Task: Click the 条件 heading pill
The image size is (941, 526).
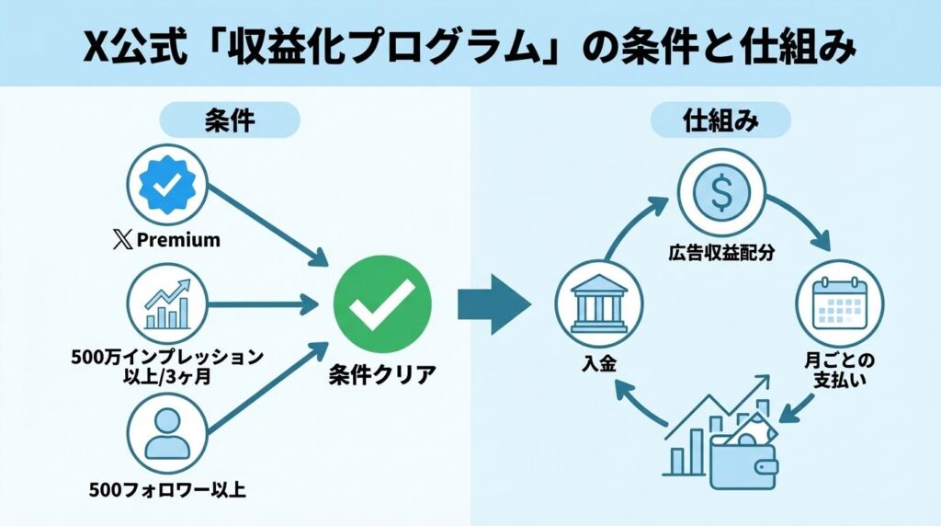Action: click(x=230, y=120)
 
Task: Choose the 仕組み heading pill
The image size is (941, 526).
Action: click(x=721, y=120)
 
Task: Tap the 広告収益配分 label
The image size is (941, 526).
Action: click(x=721, y=252)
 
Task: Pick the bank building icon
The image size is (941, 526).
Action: click(x=598, y=303)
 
